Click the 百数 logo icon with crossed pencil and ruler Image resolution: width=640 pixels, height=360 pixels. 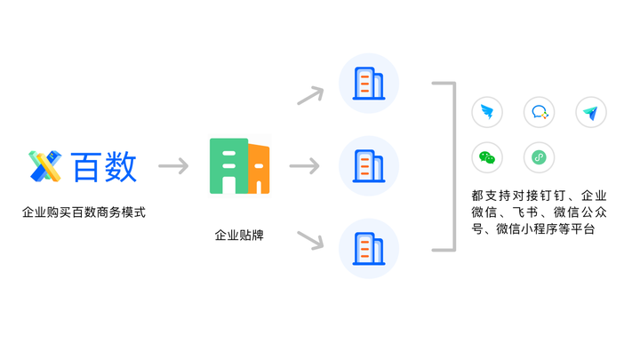click(44, 166)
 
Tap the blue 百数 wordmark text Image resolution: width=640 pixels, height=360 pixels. click(104, 166)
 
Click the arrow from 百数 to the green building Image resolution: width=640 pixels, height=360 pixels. click(172, 166)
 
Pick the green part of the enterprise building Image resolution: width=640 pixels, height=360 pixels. click(228, 166)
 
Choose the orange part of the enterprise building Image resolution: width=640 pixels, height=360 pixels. click(259, 169)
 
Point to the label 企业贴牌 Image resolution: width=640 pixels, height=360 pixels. click(239, 236)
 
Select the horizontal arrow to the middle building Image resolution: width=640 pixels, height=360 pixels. click(304, 166)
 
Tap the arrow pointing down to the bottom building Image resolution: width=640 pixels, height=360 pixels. click(309, 239)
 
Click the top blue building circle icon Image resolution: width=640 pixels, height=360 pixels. click(369, 84)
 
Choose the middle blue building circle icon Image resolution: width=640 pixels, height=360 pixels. click(369, 166)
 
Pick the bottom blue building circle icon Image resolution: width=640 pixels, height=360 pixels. click(369, 248)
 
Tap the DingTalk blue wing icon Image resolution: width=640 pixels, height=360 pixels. click(486, 112)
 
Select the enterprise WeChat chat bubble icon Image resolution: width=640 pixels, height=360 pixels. click(539, 112)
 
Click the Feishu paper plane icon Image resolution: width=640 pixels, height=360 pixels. click(591, 112)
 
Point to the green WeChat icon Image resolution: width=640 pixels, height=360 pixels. click(486, 158)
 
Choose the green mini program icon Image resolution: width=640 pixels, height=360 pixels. click(539, 158)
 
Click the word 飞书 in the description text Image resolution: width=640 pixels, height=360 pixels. click(522, 212)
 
